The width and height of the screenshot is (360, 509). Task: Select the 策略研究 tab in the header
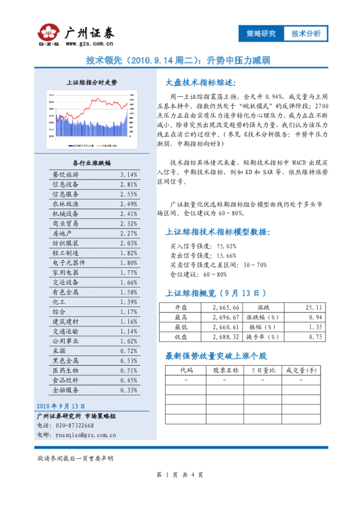coord(261,34)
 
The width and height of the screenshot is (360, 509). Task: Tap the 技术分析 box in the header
coord(306,34)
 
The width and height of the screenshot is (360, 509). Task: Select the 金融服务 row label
coord(65,391)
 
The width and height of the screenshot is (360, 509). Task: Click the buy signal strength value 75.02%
coord(223,246)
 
